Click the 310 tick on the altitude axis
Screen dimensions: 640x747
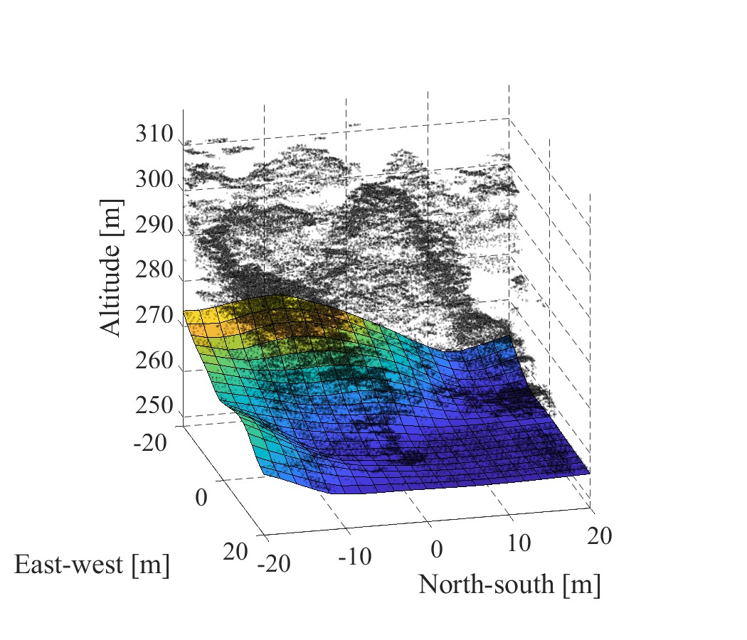pyautogui.click(x=154, y=134)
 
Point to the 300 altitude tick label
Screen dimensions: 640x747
pyautogui.click(x=154, y=179)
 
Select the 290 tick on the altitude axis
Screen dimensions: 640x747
pyautogui.click(x=154, y=225)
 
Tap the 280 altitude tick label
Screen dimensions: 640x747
pyautogui.click(x=154, y=270)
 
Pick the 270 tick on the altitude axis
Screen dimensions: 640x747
pyautogui.click(x=154, y=315)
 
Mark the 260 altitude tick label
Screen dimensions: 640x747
pyautogui.click(x=154, y=361)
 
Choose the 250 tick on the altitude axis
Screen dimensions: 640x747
pyautogui.click(x=154, y=405)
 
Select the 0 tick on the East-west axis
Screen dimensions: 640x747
pyautogui.click(x=201, y=496)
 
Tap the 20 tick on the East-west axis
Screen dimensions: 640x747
pyautogui.click(x=235, y=551)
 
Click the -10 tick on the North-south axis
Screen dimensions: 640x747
pyautogui.click(x=354, y=555)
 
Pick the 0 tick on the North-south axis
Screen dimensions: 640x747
pyautogui.click(x=437, y=549)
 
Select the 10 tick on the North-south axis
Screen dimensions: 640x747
pyautogui.click(x=519, y=543)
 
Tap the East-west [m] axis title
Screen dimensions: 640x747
pyautogui.click(x=92, y=565)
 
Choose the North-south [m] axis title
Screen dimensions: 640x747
pyautogui.click(x=509, y=585)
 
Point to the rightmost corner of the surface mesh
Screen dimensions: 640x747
pyautogui.click(x=590, y=471)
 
